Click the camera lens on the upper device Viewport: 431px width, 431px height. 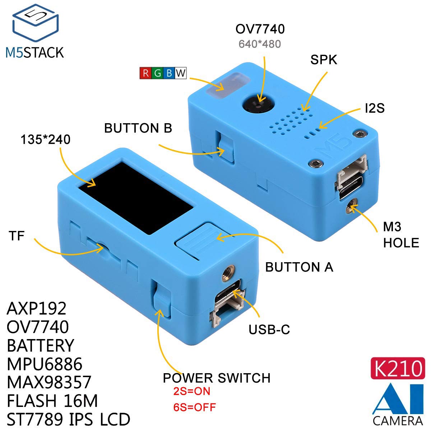[258, 104]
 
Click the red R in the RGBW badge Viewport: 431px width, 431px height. [146, 73]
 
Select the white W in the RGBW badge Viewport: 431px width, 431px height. [181, 73]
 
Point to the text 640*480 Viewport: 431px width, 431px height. [260, 44]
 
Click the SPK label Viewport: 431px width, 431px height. [324, 60]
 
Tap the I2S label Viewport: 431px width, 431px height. [374, 108]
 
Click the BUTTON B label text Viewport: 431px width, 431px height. [138, 128]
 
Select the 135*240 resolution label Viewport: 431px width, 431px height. [45, 139]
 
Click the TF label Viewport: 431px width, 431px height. [17, 236]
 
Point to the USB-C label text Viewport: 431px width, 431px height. [269, 329]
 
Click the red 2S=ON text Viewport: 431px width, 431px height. [191, 391]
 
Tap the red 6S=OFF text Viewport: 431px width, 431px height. [194, 407]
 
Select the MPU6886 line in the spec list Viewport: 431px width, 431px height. [45, 364]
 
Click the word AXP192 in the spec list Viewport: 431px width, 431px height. [37, 308]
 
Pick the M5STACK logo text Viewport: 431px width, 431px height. [34, 52]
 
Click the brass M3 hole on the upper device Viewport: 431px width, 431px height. [351, 207]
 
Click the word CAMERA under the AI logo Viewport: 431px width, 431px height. [398, 421]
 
